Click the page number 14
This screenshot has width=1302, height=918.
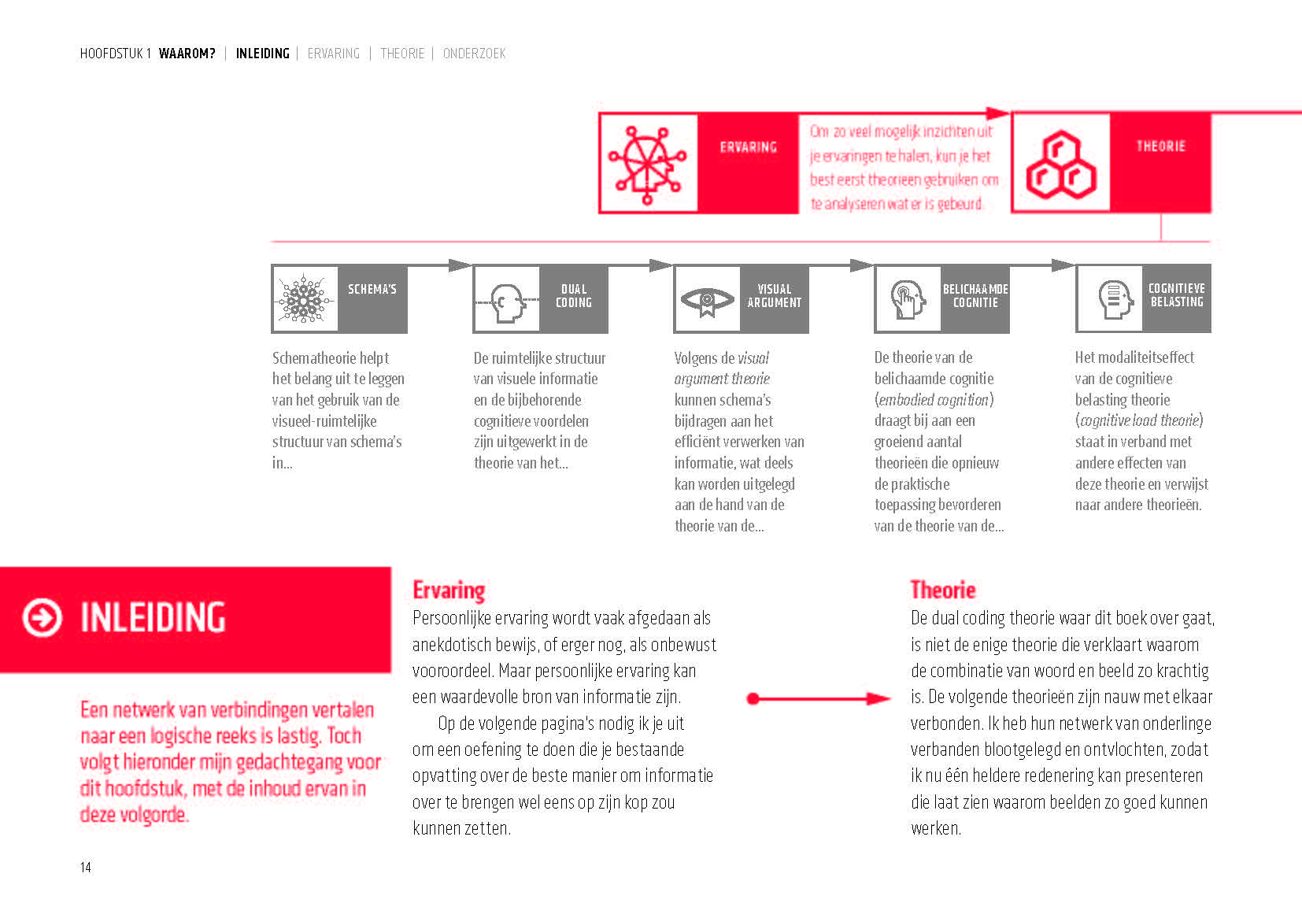85,867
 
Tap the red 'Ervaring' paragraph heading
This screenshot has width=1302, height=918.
449,590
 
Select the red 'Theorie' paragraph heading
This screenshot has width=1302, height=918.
942,590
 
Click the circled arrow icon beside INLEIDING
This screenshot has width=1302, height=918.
42,617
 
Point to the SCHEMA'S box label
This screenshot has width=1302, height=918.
372,289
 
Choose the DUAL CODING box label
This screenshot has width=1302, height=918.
574,296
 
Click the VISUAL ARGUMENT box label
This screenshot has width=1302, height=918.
775,296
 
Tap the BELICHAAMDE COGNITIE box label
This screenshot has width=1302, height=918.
975,296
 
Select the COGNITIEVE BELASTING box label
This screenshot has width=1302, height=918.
1177,295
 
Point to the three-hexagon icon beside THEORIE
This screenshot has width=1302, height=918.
1060,164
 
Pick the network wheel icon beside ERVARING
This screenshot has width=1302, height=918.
648,164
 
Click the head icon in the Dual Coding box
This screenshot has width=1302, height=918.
508,302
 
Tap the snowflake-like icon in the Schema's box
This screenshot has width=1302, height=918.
305,299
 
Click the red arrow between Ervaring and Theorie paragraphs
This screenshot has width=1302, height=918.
819,698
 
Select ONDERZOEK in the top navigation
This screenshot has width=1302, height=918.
474,54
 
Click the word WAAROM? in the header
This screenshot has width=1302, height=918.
187,54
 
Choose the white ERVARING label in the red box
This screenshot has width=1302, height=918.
748,147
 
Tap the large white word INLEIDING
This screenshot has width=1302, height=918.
153,617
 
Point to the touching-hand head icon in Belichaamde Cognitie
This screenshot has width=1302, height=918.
908,300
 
